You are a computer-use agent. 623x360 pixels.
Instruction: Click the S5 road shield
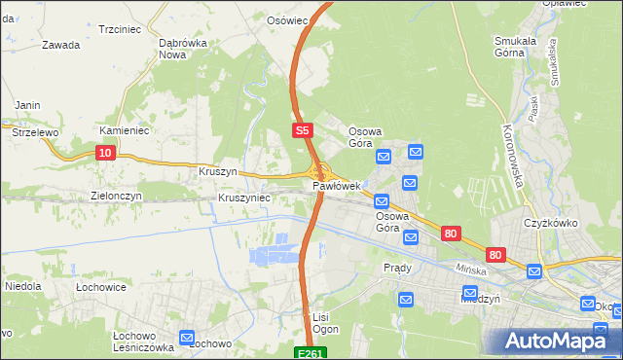[303, 128]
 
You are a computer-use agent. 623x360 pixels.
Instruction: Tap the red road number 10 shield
[106, 152]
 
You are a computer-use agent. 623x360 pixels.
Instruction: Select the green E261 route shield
[310, 352]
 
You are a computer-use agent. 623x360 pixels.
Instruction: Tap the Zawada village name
[60, 44]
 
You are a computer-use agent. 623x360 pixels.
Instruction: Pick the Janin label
[26, 105]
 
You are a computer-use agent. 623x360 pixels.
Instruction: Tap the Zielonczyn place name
[116, 196]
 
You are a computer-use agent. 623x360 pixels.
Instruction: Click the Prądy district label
[397, 268]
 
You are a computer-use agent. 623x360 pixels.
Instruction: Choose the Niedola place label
[23, 287]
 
